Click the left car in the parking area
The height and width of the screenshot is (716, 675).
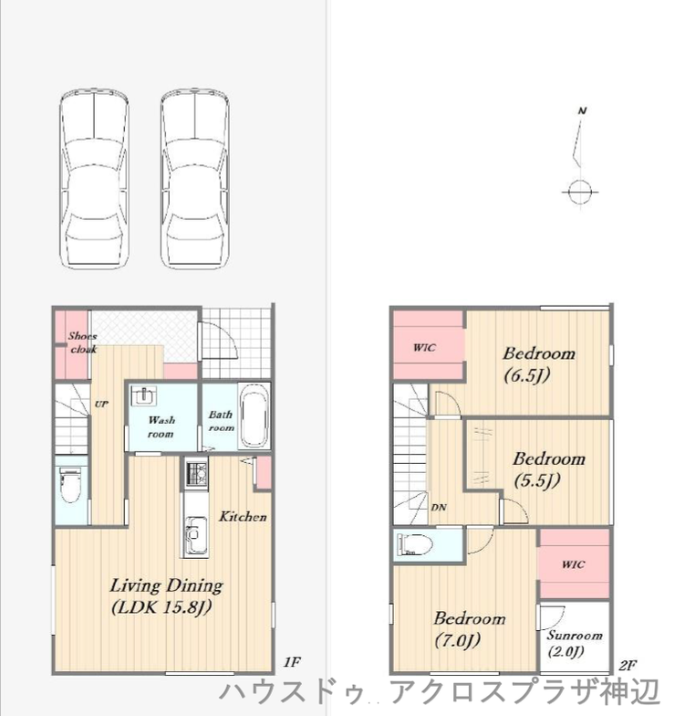pyautogui.click(x=94, y=178)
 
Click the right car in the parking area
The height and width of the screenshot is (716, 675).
pyautogui.click(x=195, y=178)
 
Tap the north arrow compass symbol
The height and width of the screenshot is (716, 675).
pyautogui.click(x=579, y=157)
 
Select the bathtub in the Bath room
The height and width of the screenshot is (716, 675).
pyautogui.click(x=254, y=416)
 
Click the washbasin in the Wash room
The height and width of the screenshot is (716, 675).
pyautogui.click(x=144, y=395)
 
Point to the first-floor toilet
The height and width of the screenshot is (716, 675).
pyautogui.click(x=71, y=485)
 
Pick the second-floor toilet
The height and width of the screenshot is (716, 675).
pyautogui.click(x=414, y=544)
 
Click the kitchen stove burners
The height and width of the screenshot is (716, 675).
pyautogui.click(x=196, y=473)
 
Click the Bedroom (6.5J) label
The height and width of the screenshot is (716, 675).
pyautogui.click(x=538, y=363)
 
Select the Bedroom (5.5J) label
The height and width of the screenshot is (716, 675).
pyautogui.click(x=548, y=469)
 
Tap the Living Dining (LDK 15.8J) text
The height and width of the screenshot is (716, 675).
pyautogui.click(x=166, y=595)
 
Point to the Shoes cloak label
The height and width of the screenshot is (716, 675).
pyautogui.click(x=82, y=342)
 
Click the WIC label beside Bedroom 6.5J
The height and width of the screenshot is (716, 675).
pyautogui.click(x=424, y=347)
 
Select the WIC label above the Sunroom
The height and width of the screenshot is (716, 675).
pyautogui.click(x=573, y=564)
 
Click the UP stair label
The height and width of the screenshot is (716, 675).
pyautogui.click(x=101, y=404)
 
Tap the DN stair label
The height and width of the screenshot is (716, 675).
pyautogui.click(x=439, y=507)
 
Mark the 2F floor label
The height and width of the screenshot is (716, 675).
pyautogui.click(x=628, y=665)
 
